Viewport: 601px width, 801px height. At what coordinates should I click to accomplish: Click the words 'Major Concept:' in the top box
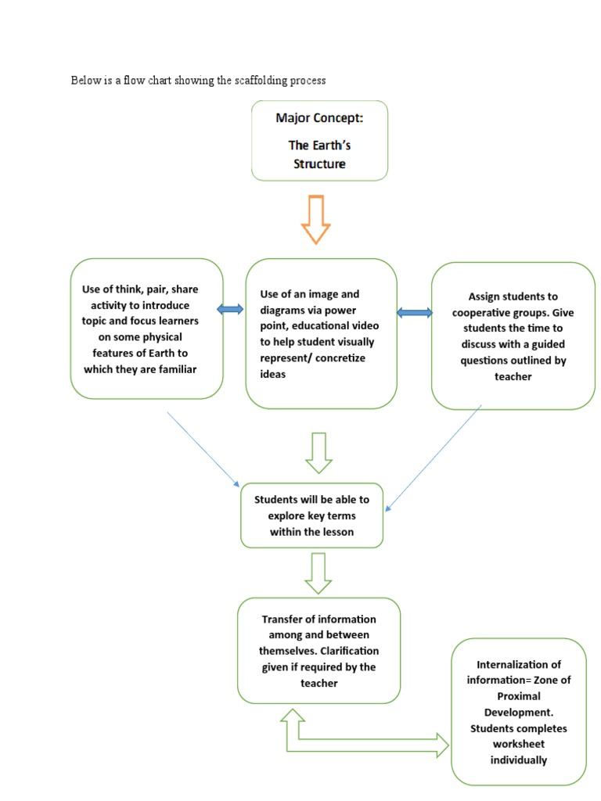point(319,118)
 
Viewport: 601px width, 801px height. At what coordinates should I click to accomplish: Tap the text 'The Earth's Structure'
point(319,154)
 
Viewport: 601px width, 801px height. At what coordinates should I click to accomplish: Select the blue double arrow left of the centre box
point(231,311)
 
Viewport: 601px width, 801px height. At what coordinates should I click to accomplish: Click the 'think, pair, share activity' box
point(146,329)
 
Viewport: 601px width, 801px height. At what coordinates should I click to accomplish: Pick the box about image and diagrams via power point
point(321,334)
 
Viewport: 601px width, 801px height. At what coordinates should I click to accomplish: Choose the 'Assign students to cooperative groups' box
point(513,336)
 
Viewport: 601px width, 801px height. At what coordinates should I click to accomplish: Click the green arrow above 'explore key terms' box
point(318,453)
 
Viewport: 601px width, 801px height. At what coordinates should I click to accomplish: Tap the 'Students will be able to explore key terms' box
point(311,515)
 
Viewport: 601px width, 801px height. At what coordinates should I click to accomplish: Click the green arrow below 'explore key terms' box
point(318,573)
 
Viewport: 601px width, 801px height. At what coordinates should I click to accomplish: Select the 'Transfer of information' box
point(318,651)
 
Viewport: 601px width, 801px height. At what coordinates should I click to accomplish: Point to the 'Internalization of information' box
point(519,712)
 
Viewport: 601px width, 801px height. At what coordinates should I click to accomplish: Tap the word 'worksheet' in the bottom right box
point(519,744)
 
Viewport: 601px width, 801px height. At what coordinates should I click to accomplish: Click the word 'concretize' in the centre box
point(338,358)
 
